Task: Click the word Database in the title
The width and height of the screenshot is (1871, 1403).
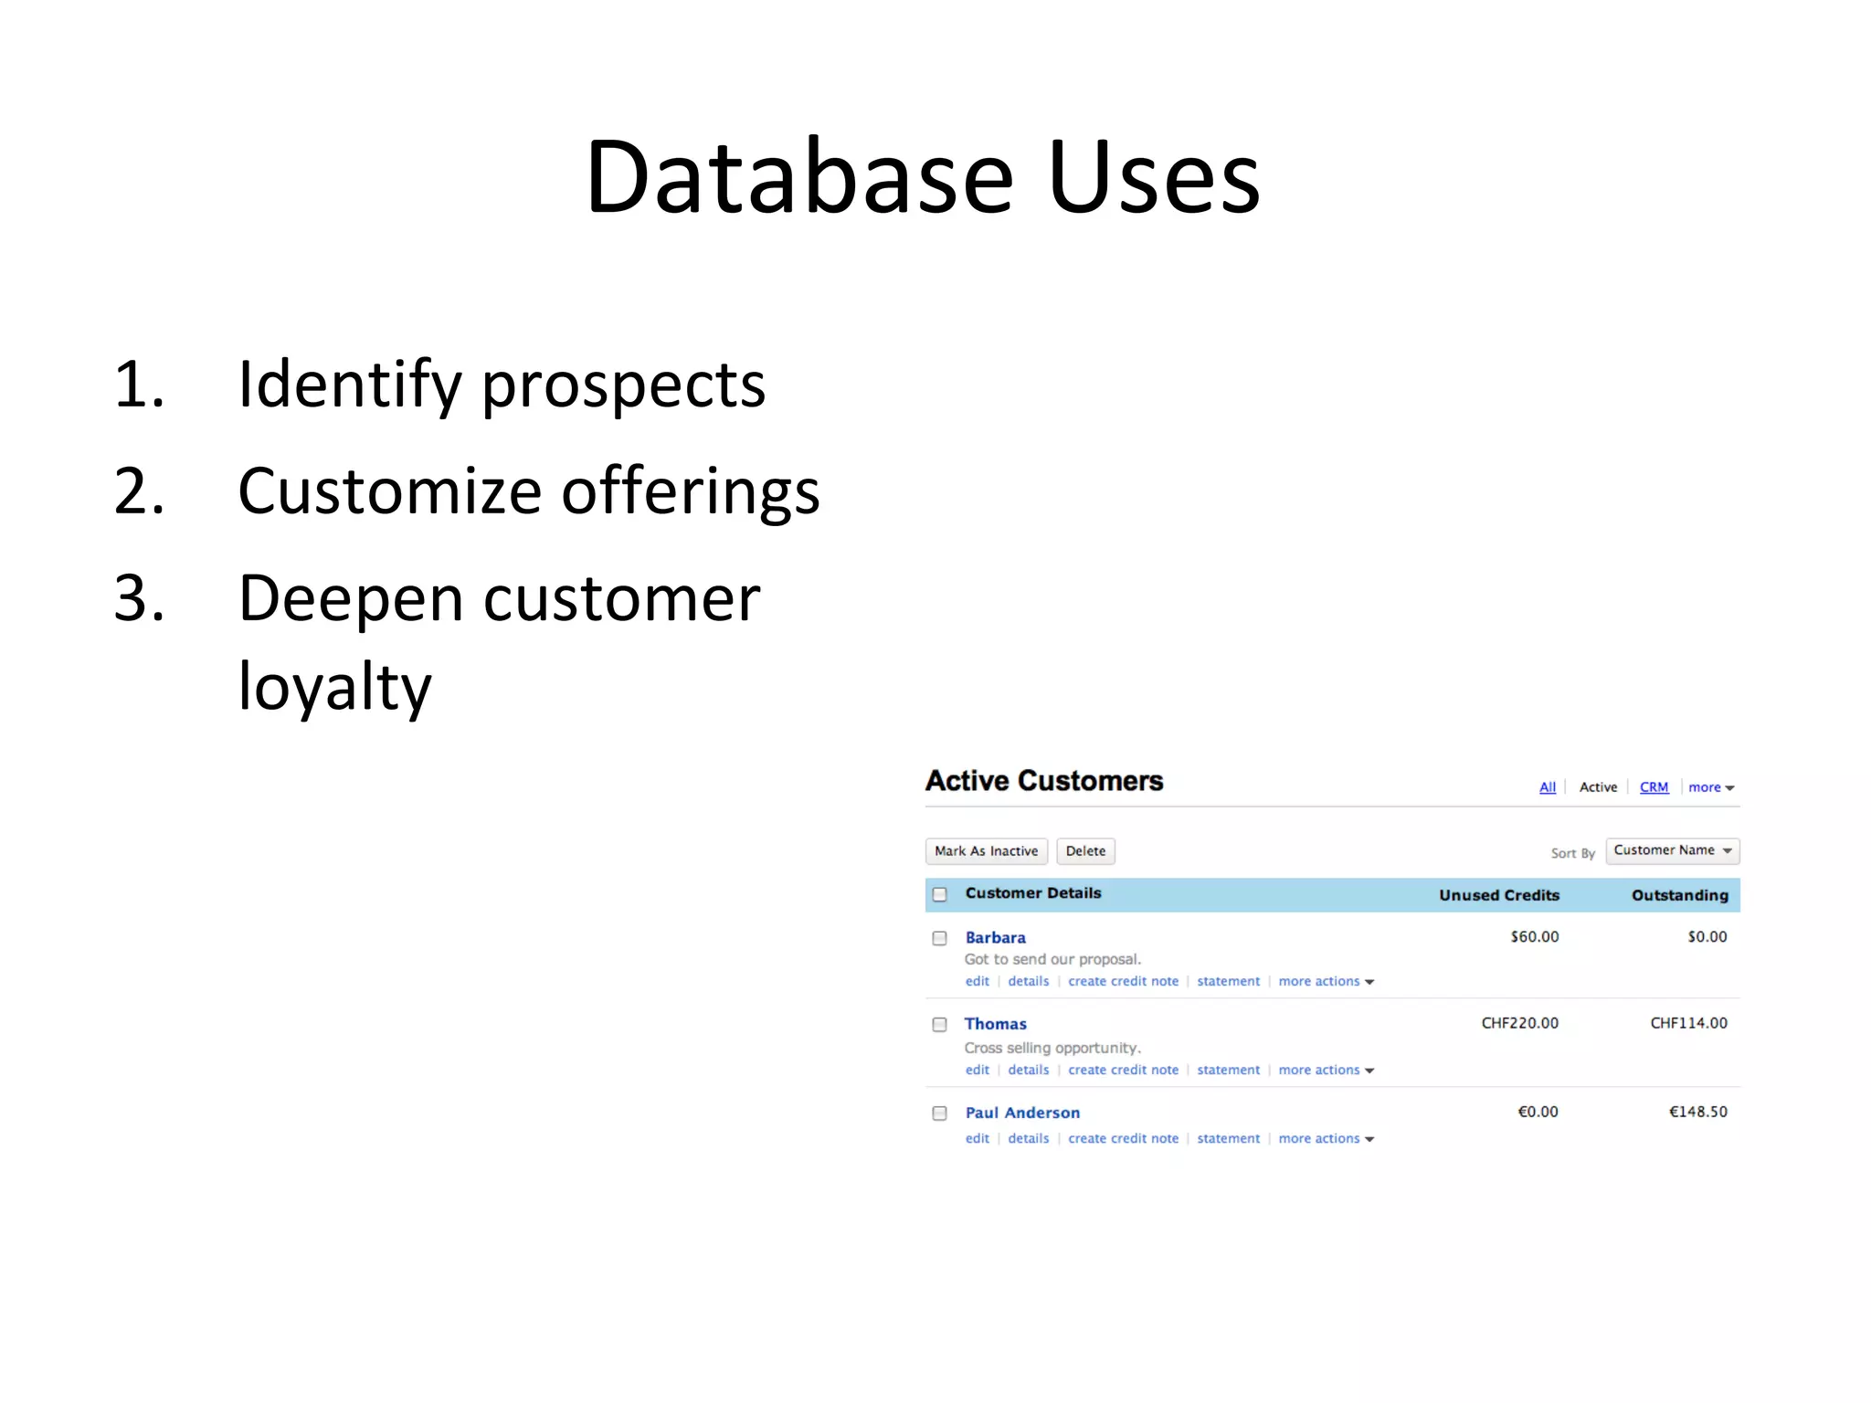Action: pyautogui.click(x=799, y=177)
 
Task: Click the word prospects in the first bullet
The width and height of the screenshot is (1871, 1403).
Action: pyautogui.click(x=623, y=385)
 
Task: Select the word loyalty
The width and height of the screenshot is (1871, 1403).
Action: pyautogui.click(x=334, y=687)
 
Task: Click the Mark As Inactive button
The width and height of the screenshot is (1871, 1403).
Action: pyautogui.click(x=986, y=851)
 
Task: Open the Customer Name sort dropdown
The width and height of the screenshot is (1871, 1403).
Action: pyautogui.click(x=1672, y=850)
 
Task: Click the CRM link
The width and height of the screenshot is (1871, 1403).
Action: pyautogui.click(x=1654, y=787)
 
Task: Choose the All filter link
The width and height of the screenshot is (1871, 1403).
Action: pyautogui.click(x=1547, y=787)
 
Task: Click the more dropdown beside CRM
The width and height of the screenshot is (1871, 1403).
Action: pyautogui.click(x=1710, y=787)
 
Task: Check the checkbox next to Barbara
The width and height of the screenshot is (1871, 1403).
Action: pyautogui.click(x=939, y=938)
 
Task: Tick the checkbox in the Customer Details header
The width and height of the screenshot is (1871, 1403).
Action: pyautogui.click(x=939, y=894)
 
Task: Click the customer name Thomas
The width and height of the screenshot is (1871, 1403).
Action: pyautogui.click(x=995, y=1024)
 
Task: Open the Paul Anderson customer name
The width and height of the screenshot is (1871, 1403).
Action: pyautogui.click(x=1022, y=1113)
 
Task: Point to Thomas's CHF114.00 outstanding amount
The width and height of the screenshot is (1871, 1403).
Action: pyautogui.click(x=1688, y=1023)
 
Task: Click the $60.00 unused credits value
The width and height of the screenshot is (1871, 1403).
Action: pyautogui.click(x=1534, y=937)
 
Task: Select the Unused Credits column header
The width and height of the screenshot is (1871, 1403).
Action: pyautogui.click(x=1498, y=895)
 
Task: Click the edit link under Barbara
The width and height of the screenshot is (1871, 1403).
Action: pyautogui.click(x=977, y=981)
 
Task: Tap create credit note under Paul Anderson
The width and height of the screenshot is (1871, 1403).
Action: pyautogui.click(x=1123, y=1138)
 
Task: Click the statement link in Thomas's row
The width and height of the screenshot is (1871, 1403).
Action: pyautogui.click(x=1228, y=1070)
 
